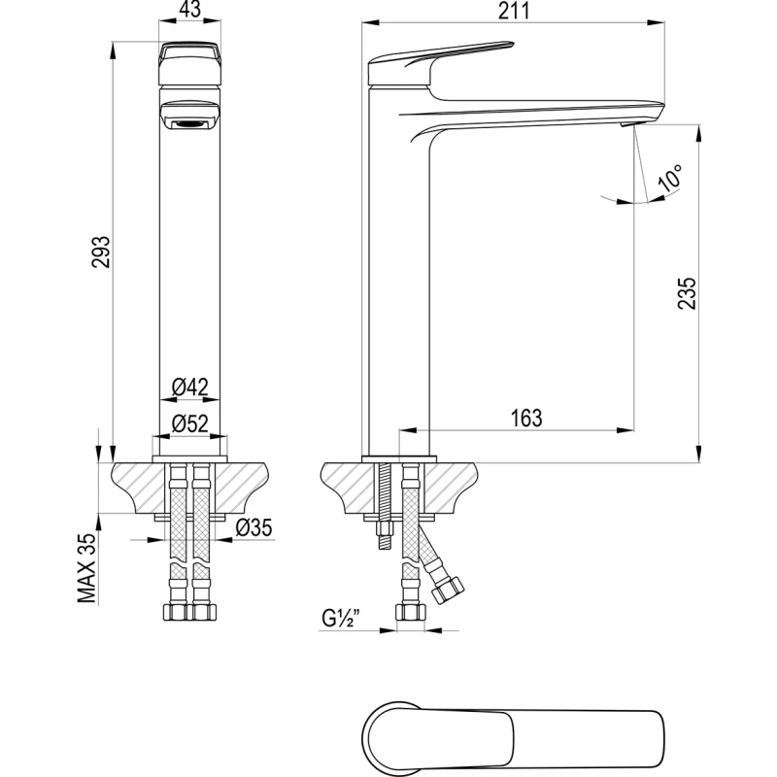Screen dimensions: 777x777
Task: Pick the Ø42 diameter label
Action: coord(190,387)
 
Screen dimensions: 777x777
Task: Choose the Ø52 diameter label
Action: coord(190,423)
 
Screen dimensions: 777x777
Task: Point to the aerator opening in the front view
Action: coord(190,122)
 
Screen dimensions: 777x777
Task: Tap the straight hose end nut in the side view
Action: coord(408,613)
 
